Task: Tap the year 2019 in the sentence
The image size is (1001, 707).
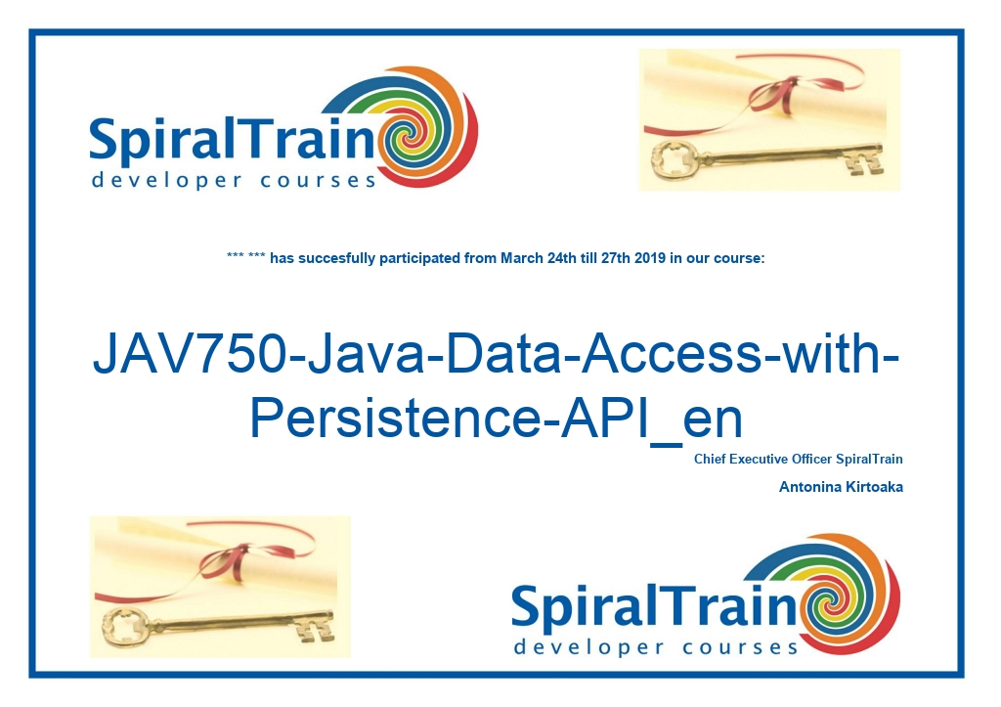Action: pyautogui.click(x=650, y=258)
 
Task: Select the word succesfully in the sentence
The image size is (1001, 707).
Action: pyautogui.click(x=337, y=258)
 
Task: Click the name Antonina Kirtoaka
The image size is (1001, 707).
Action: pyautogui.click(x=841, y=487)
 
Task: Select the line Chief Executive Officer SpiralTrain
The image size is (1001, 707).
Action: pyautogui.click(x=799, y=459)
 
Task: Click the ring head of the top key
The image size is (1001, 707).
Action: pyautogui.click(x=673, y=157)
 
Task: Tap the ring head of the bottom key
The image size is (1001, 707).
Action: pyautogui.click(x=124, y=625)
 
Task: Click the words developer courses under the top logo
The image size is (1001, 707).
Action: pyautogui.click(x=234, y=181)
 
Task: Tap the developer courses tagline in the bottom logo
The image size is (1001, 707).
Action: pyautogui.click(x=656, y=647)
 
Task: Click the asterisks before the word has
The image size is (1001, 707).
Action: pyautogui.click(x=245, y=256)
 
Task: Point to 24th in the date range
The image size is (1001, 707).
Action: pyautogui.click(x=562, y=258)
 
